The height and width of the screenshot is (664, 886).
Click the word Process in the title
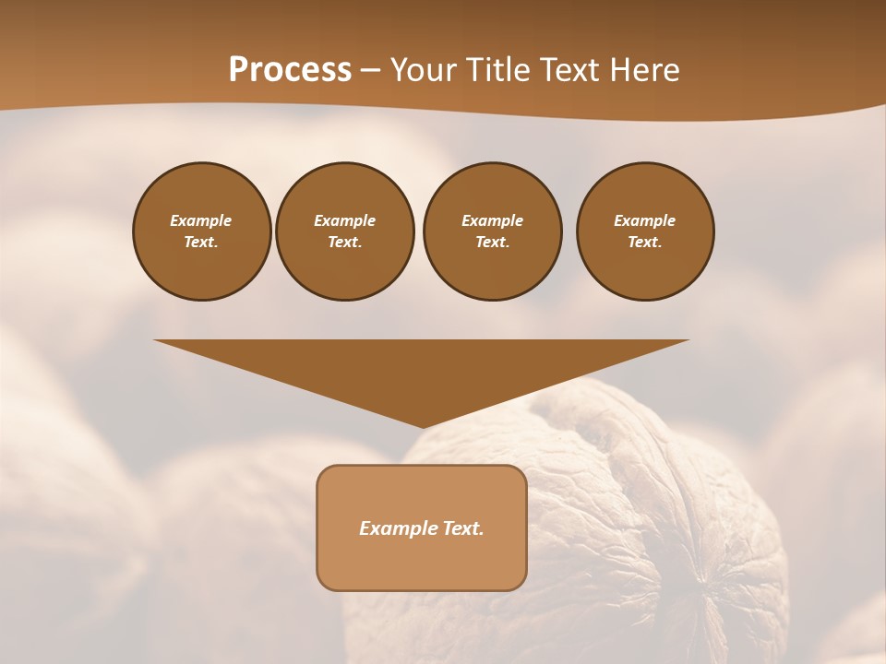(x=290, y=70)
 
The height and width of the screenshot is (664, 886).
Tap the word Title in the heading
(x=499, y=70)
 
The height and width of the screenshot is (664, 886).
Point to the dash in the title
(x=371, y=72)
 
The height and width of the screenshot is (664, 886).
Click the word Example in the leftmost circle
(x=201, y=220)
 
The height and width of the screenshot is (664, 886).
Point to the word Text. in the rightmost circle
(x=645, y=242)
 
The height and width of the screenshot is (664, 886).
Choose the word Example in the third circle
(x=492, y=220)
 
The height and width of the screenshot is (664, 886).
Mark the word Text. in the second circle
(x=344, y=242)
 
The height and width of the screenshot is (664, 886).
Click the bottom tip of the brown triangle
(x=422, y=426)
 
